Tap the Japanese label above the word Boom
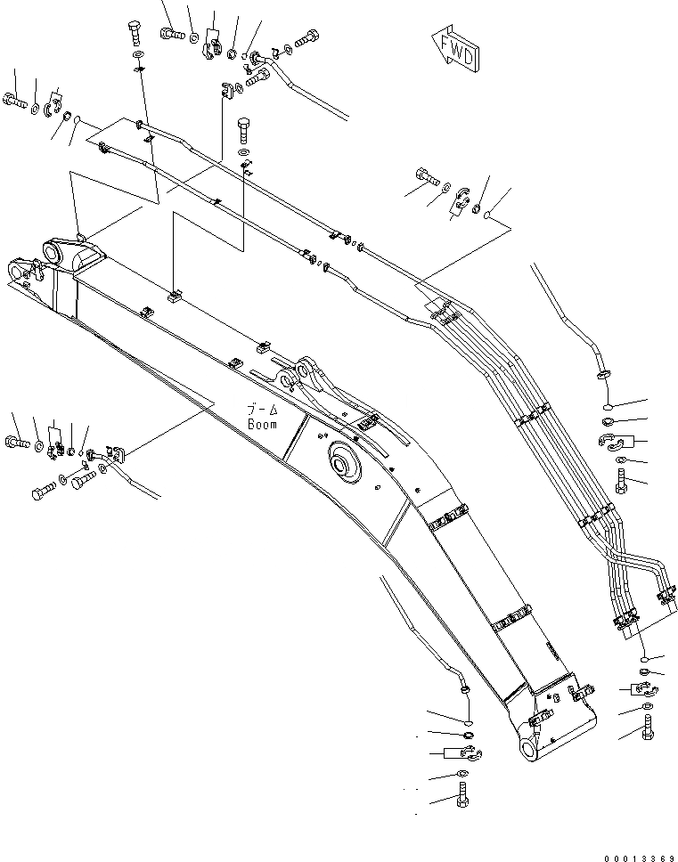262,410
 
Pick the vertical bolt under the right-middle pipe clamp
621,481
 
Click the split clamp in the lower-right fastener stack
641,688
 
